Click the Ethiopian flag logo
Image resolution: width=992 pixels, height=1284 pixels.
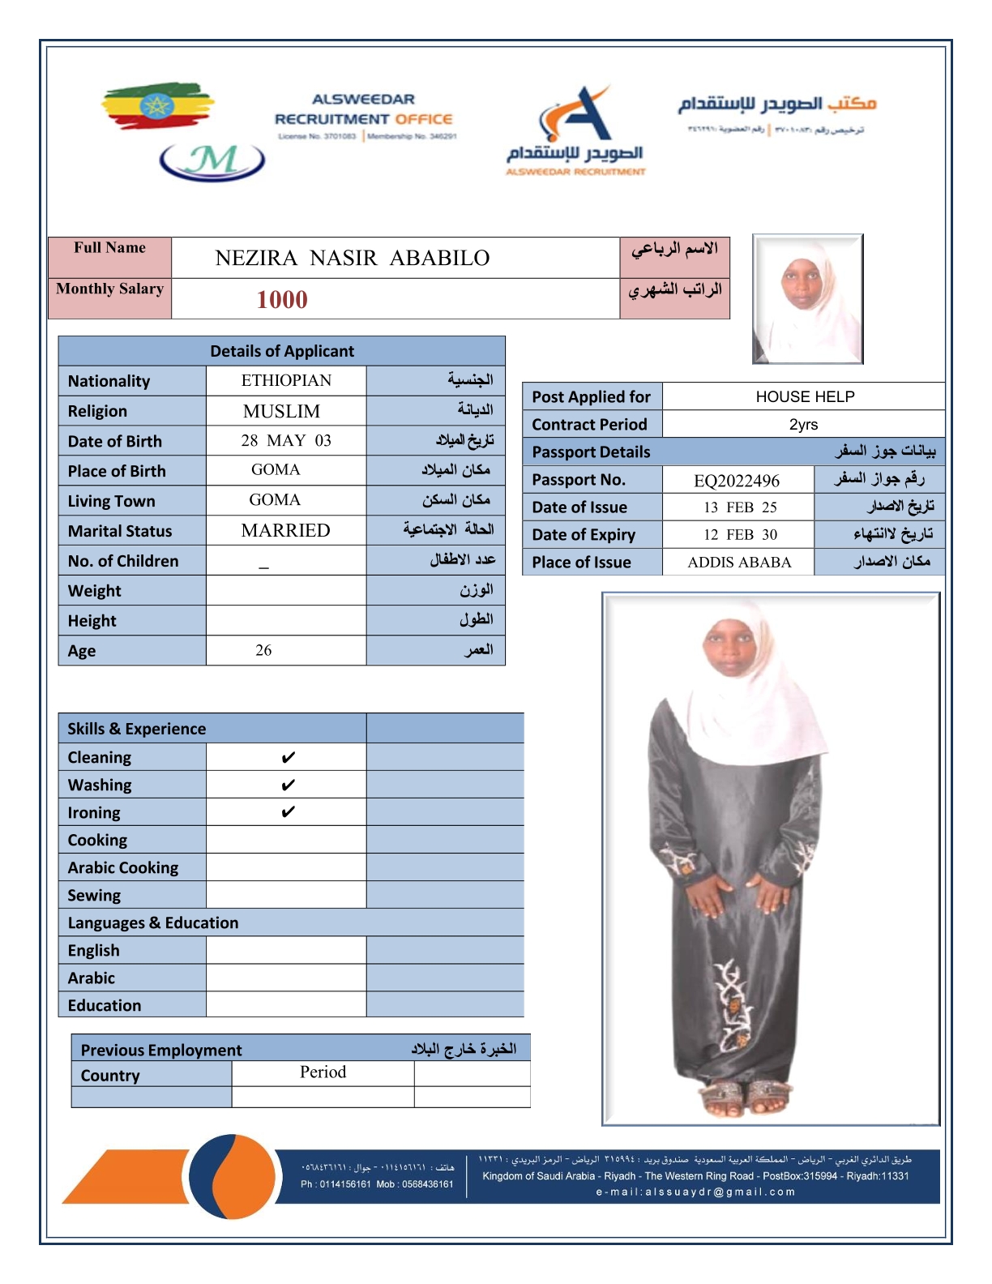pyautogui.click(x=157, y=105)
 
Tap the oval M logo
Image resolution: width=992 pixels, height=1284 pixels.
pyautogui.click(x=212, y=161)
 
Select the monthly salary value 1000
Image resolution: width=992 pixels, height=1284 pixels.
pyautogui.click(x=282, y=300)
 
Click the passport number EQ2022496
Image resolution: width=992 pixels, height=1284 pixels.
pyautogui.click(x=737, y=481)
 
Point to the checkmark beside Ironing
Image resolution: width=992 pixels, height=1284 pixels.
pyautogui.click(x=288, y=812)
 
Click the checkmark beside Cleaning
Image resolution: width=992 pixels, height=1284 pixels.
pyautogui.click(x=288, y=758)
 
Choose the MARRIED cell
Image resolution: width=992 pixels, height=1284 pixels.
pyautogui.click(x=285, y=531)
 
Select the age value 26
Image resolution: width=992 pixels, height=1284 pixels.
pyautogui.click(x=263, y=650)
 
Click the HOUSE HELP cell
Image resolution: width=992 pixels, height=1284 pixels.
pyautogui.click(x=804, y=396)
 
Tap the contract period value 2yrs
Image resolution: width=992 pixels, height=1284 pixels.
pyautogui.click(x=803, y=425)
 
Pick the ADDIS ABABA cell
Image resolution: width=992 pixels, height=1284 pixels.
pyautogui.click(x=738, y=563)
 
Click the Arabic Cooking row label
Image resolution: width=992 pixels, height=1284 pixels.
pyautogui.click(x=123, y=867)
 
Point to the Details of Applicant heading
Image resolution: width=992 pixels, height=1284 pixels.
pyautogui.click(x=282, y=351)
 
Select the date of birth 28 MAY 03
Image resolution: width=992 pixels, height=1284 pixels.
pyautogui.click(x=285, y=441)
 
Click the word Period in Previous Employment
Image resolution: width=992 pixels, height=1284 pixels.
pyautogui.click(x=323, y=1072)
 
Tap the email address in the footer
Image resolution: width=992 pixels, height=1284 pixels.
pyautogui.click(x=695, y=1192)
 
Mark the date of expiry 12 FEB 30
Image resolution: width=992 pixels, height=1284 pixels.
pyautogui.click(x=739, y=535)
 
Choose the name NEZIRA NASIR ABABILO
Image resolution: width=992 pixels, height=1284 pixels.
pyautogui.click(x=353, y=259)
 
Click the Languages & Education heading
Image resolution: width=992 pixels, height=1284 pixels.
pyautogui.click(x=153, y=922)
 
